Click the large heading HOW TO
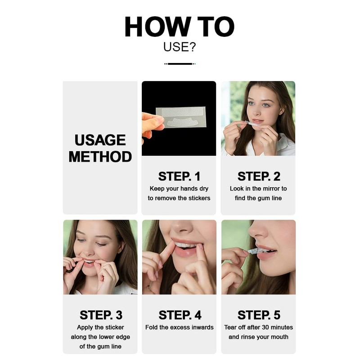[180, 27]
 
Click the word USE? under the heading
[180, 47]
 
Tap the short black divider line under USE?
[180, 64]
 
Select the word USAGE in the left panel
[100, 140]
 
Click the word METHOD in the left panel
[100, 157]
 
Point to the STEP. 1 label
[179, 176]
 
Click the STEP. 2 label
[259, 176]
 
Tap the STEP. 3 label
[101, 315]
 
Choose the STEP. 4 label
[180, 315]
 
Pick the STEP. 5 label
[259, 315]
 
